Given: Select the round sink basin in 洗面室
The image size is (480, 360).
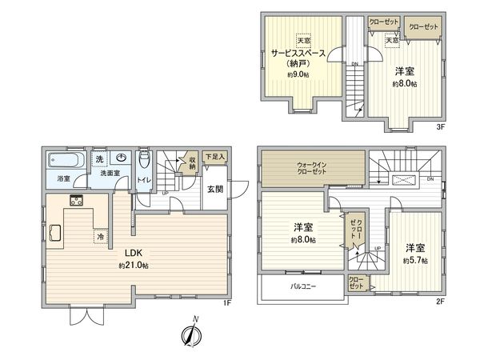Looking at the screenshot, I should tap(120, 158).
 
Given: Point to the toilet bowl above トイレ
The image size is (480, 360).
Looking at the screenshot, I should tap(145, 162).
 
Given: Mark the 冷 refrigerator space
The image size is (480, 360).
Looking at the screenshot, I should tap(101, 237).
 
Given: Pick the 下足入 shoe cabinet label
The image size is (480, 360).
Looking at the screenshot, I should tap(214, 157).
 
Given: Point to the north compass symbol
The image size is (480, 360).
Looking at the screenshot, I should tap(190, 334).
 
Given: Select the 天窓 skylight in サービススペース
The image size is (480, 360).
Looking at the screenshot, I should tap(303, 41).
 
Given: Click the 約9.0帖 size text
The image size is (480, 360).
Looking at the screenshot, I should tap(299, 74).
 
